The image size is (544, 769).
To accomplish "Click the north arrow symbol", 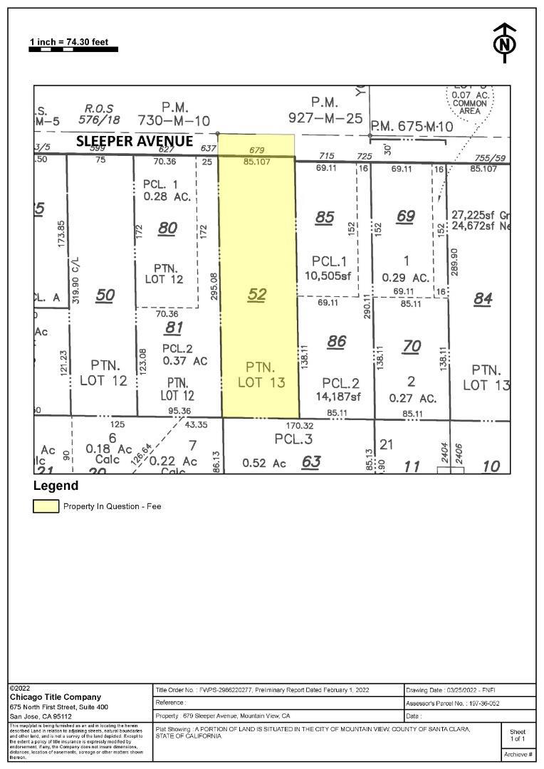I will pos(505,43).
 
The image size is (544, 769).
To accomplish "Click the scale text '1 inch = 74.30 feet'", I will pos(69,42).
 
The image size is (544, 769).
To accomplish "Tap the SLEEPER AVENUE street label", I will pos(135,141).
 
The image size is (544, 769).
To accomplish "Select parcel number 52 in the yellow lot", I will pos(257,294).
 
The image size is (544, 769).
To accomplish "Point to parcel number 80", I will pos(167,228).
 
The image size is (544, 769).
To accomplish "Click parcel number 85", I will pos(325,216).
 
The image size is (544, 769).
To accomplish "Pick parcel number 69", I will pos(405,216).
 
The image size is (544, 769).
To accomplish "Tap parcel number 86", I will pos(336,342).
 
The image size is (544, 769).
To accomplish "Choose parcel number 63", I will pos(311,461).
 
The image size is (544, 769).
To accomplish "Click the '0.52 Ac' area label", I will pos(264,463).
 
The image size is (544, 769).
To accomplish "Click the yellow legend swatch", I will pos(46,506).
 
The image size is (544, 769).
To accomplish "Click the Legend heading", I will pos(56,486).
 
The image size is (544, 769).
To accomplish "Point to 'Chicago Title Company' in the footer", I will pos(55,697).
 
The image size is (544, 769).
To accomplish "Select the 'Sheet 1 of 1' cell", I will pos(518,735).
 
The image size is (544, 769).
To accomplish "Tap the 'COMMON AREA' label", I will pos(470,108).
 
